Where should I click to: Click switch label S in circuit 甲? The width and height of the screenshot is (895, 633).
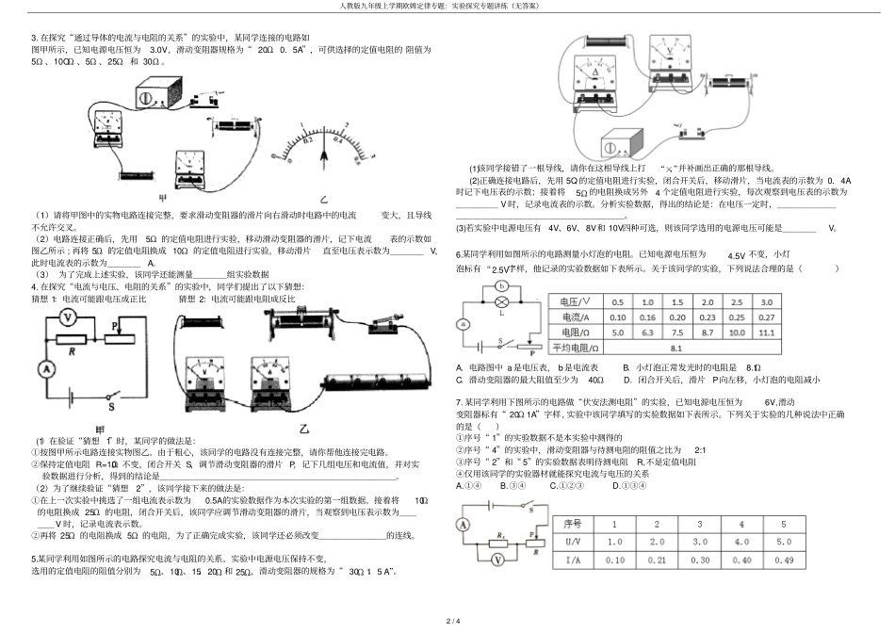110,408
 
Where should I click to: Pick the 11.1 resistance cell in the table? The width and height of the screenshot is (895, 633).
766,333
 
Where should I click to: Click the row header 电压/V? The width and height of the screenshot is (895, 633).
578,301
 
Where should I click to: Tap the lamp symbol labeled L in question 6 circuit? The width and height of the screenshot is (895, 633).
503,301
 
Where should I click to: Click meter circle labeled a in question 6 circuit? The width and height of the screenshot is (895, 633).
462,323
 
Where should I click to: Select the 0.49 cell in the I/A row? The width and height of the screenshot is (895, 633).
782,560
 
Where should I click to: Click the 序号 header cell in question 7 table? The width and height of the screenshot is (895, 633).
574,523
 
